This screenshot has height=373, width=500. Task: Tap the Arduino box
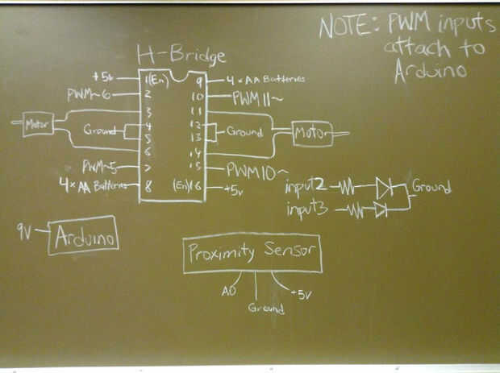point(83,236)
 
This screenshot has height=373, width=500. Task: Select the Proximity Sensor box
point(252,253)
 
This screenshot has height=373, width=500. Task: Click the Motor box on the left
point(37,125)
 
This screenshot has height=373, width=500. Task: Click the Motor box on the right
point(311,133)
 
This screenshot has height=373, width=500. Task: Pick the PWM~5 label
point(99,167)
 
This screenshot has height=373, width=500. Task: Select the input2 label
point(305,186)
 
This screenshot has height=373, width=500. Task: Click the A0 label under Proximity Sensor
point(228,291)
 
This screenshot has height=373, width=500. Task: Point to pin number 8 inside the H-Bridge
point(148,185)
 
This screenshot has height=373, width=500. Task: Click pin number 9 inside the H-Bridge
point(198,80)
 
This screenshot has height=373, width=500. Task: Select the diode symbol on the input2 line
point(384,190)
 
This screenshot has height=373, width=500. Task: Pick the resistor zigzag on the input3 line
point(355,211)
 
